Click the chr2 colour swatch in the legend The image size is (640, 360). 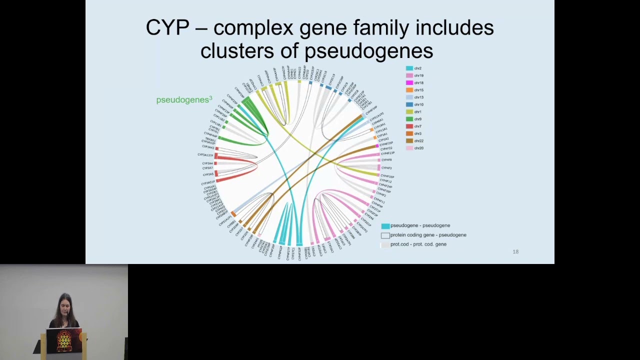point(409,68)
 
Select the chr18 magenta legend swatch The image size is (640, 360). point(409,83)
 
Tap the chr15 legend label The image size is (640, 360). point(418,90)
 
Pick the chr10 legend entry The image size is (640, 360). point(418,105)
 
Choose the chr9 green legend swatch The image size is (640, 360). point(409,119)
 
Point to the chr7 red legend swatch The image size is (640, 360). point(409,126)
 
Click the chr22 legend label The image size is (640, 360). point(418,141)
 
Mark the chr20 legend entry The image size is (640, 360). point(418,148)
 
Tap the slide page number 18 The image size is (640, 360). point(515,252)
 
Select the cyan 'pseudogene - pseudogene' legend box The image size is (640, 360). point(385,226)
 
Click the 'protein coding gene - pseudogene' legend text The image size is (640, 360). point(428,235)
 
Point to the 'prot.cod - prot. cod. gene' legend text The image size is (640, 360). point(418,244)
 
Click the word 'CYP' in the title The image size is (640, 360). point(167,28)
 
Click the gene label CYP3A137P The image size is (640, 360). point(205,155)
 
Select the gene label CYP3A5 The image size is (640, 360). point(208,174)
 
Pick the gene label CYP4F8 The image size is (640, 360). point(386,160)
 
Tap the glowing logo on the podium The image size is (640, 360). point(63,340)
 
